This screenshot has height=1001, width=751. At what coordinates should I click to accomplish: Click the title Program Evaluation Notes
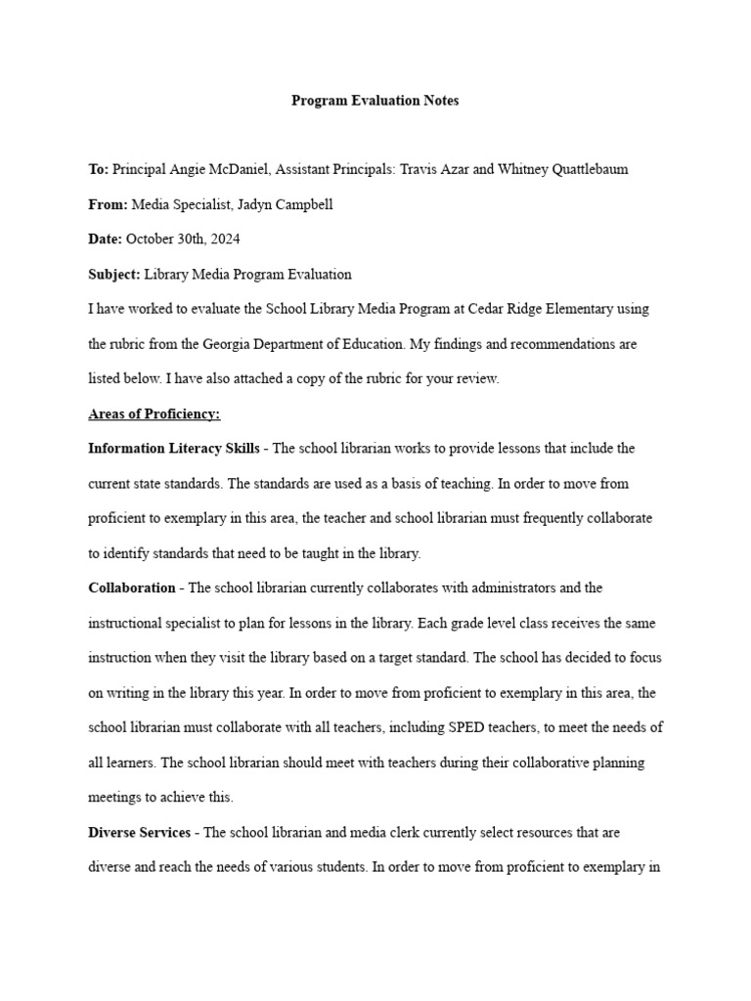pyautogui.click(x=375, y=101)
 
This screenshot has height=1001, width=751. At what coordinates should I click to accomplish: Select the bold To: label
pyautogui.click(x=98, y=169)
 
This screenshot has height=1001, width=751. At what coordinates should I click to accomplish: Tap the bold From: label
pyautogui.click(x=108, y=204)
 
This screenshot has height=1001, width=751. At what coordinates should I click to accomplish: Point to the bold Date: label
pyautogui.click(x=106, y=239)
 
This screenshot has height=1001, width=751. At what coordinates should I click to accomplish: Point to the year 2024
pyautogui.click(x=224, y=239)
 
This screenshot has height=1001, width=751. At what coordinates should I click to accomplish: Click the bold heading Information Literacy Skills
pyautogui.click(x=174, y=449)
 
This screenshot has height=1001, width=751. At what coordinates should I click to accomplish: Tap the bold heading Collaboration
pyautogui.click(x=131, y=588)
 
